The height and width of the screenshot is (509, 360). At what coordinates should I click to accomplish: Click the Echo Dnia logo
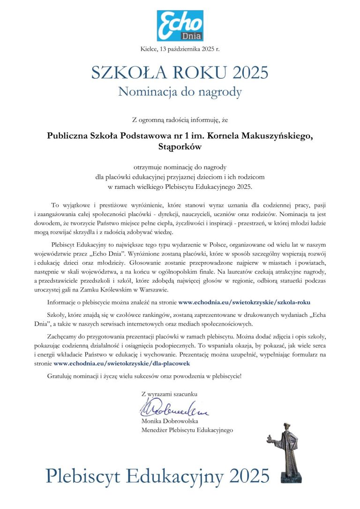click(180, 25)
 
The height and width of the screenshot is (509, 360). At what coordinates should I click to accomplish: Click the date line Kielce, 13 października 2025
click(180, 49)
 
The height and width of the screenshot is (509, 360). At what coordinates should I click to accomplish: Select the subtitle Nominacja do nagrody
click(180, 91)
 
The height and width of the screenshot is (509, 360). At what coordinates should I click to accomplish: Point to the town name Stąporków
click(180, 147)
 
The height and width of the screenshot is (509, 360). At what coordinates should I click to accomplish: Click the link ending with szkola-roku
click(244, 302)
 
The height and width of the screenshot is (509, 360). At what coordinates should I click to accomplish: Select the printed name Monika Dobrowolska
click(169, 421)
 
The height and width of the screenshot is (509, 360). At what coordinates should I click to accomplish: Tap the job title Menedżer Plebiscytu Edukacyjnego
click(187, 429)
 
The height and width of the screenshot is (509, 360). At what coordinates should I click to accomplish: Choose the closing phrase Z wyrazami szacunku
click(169, 394)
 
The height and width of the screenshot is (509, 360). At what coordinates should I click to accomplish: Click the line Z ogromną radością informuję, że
click(180, 120)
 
